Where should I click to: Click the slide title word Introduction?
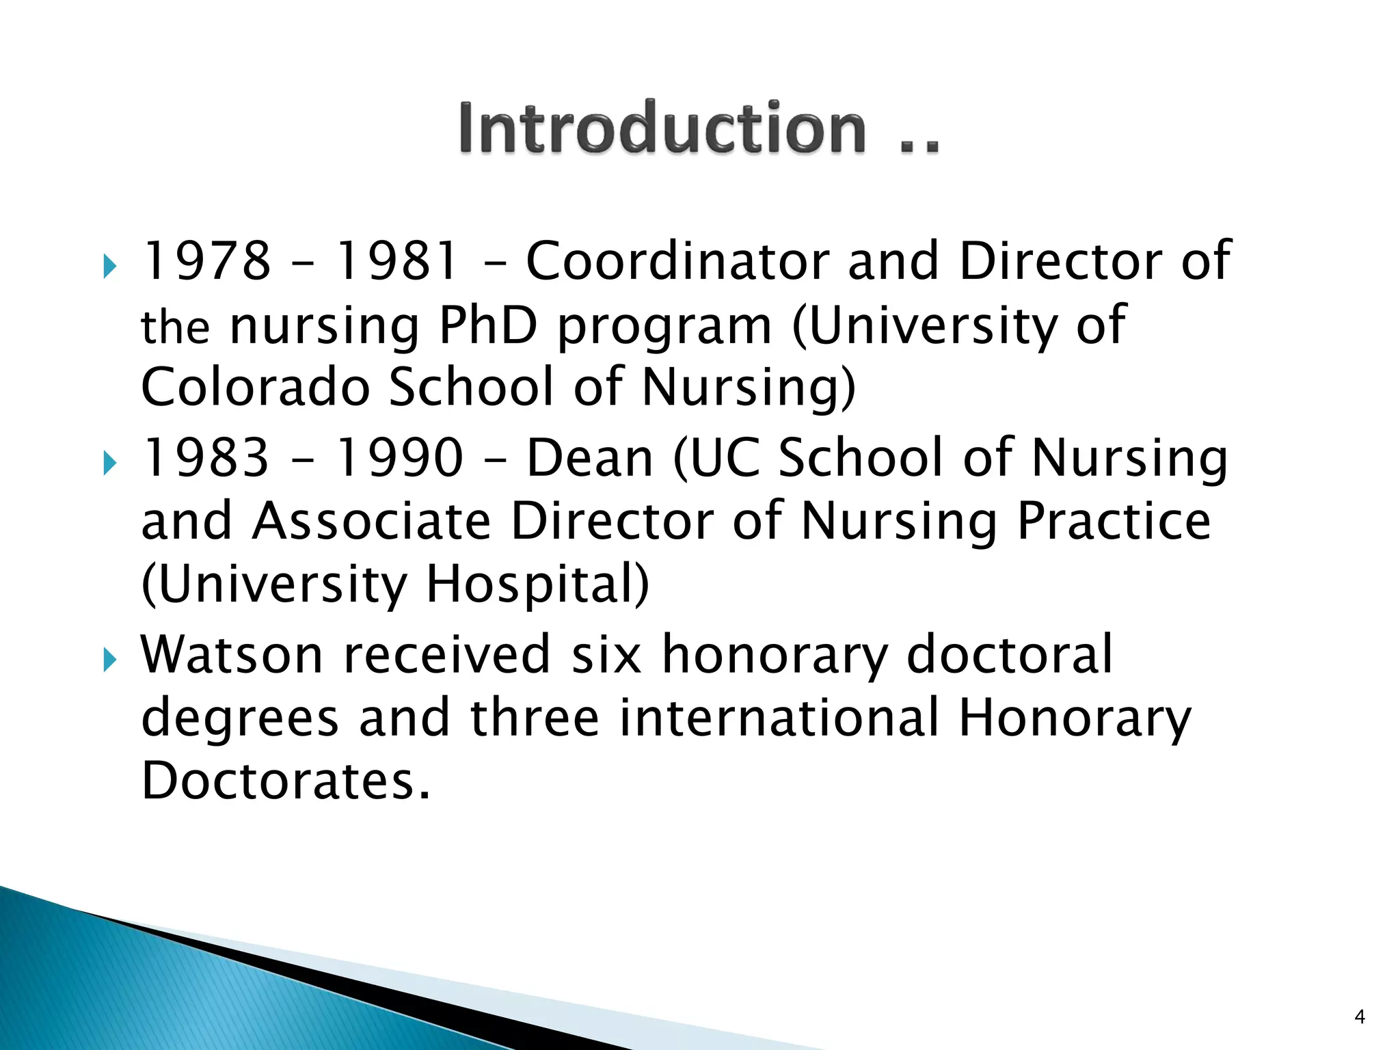click(x=662, y=128)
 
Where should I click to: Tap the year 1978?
click(x=206, y=260)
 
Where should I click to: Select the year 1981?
click(x=397, y=260)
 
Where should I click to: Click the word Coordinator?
click(x=677, y=260)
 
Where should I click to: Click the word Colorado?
click(x=255, y=387)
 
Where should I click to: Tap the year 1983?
click(x=206, y=457)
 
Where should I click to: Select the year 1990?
click(x=400, y=457)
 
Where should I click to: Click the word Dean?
click(x=589, y=457)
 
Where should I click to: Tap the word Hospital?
click(x=537, y=584)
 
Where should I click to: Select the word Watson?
click(x=231, y=655)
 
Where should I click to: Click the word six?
click(x=606, y=655)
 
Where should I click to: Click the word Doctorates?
click(x=286, y=781)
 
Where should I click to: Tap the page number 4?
click(x=1360, y=1017)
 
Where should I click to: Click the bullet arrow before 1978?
click(x=109, y=266)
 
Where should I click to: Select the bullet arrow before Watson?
click(x=109, y=660)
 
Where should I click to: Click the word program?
click(x=664, y=327)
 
